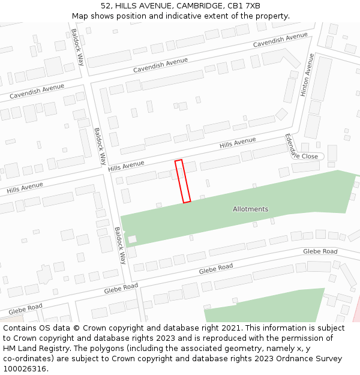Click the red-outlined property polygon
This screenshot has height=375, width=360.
click(183, 181)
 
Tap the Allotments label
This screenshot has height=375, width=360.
click(250, 209)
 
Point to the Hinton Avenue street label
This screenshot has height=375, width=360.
click(307, 75)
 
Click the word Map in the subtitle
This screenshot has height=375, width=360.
click(80, 16)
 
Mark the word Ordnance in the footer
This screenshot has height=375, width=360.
click(283, 359)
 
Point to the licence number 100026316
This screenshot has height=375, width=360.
click(26, 369)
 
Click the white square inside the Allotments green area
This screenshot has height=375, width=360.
click(132, 239)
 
